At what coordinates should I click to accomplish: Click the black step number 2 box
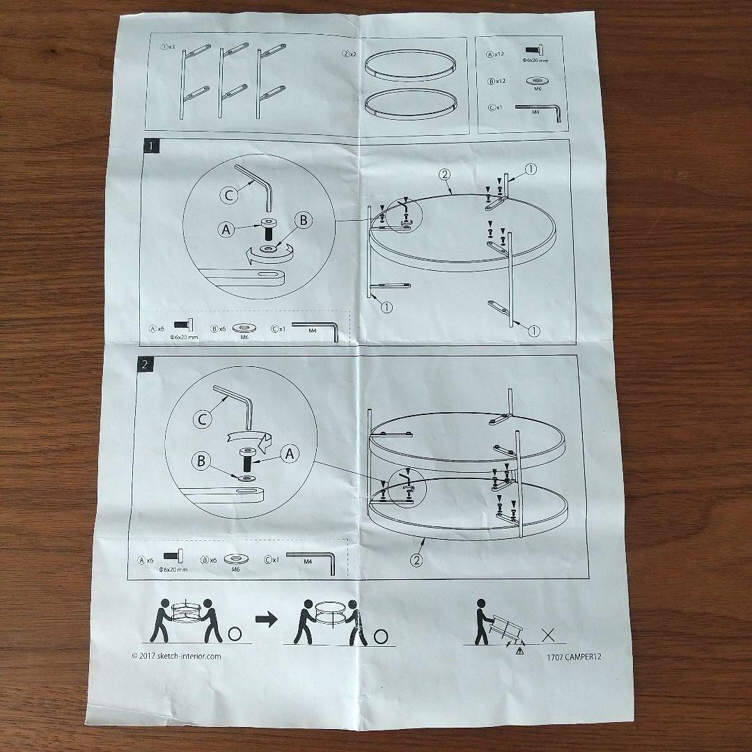pos(143,363)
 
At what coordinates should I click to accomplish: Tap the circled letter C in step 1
pos(229,196)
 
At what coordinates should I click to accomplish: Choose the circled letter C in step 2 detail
pos(203,419)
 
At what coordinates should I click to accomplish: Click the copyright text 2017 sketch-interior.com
pos(176,655)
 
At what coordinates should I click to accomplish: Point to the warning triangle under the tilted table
pos(519,651)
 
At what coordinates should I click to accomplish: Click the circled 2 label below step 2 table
pos(416,559)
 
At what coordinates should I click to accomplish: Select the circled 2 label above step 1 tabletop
pos(446,174)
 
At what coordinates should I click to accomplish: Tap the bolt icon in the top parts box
pos(534,50)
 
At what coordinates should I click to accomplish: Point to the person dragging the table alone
pos(481,621)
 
